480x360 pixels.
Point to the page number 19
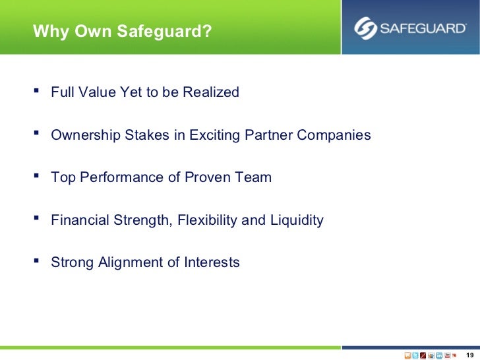(469, 355)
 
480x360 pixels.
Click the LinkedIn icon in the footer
(439, 355)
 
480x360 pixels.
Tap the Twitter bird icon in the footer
(415, 355)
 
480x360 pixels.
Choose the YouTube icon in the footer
(447, 355)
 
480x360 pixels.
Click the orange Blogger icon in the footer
(407, 355)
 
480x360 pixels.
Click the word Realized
(210, 92)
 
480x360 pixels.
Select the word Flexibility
(205, 220)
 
